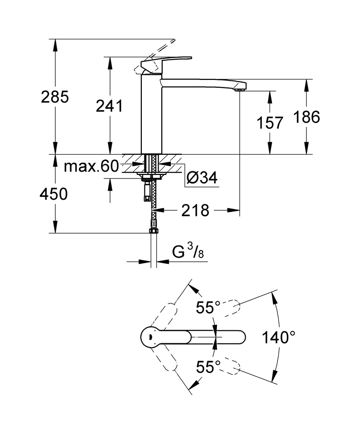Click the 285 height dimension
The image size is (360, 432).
[55, 97]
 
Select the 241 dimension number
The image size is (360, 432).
[109, 106]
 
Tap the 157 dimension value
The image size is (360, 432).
[270, 123]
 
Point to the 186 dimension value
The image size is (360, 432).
[307, 117]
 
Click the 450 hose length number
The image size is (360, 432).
[54, 194]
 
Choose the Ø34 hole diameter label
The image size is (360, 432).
[202, 177]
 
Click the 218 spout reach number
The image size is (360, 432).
[195, 210]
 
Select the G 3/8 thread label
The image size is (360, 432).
[188, 251]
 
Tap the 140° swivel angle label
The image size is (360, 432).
[279, 337]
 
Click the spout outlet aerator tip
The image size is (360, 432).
[240, 90]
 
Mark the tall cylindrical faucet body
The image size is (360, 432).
[152, 114]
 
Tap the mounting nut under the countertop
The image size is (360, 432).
[151, 176]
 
